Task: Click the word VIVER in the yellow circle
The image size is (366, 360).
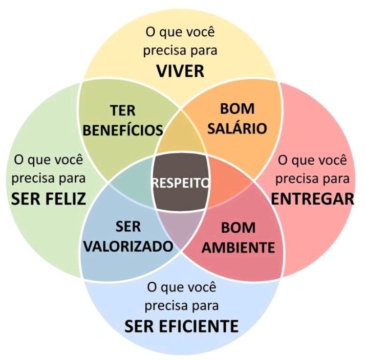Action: click(x=180, y=71)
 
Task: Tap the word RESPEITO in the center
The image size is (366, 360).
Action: click(x=181, y=183)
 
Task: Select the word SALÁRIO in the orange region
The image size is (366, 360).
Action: click(x=237, y=128)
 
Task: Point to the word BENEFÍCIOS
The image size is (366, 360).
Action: click(x=123, y=130)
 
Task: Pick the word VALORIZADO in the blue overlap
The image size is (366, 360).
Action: click(x=128, y=246)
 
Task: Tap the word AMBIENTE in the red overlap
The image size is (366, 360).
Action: click(x=238, y=247)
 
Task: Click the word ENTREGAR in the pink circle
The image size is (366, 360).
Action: click(x=312, y=198)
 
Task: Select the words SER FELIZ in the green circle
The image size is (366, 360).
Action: click(x=48, y=198)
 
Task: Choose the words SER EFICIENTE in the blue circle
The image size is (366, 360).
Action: click(x=181, y=325)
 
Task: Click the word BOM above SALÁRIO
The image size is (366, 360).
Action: click(x=237, y=109)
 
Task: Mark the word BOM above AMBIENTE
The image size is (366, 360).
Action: click(x=238, y=228)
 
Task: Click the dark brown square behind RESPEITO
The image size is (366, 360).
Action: click(x=181, y=197)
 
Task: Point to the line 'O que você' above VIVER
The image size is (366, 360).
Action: click(x=180, y=32)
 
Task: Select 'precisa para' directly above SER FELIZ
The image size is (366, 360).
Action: click(x=48, y=179)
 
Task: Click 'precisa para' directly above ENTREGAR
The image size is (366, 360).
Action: click(x=313, y=179)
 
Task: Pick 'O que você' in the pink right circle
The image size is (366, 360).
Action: click(x=313, y=160)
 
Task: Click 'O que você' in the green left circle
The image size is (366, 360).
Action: click(x=48, y=160)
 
